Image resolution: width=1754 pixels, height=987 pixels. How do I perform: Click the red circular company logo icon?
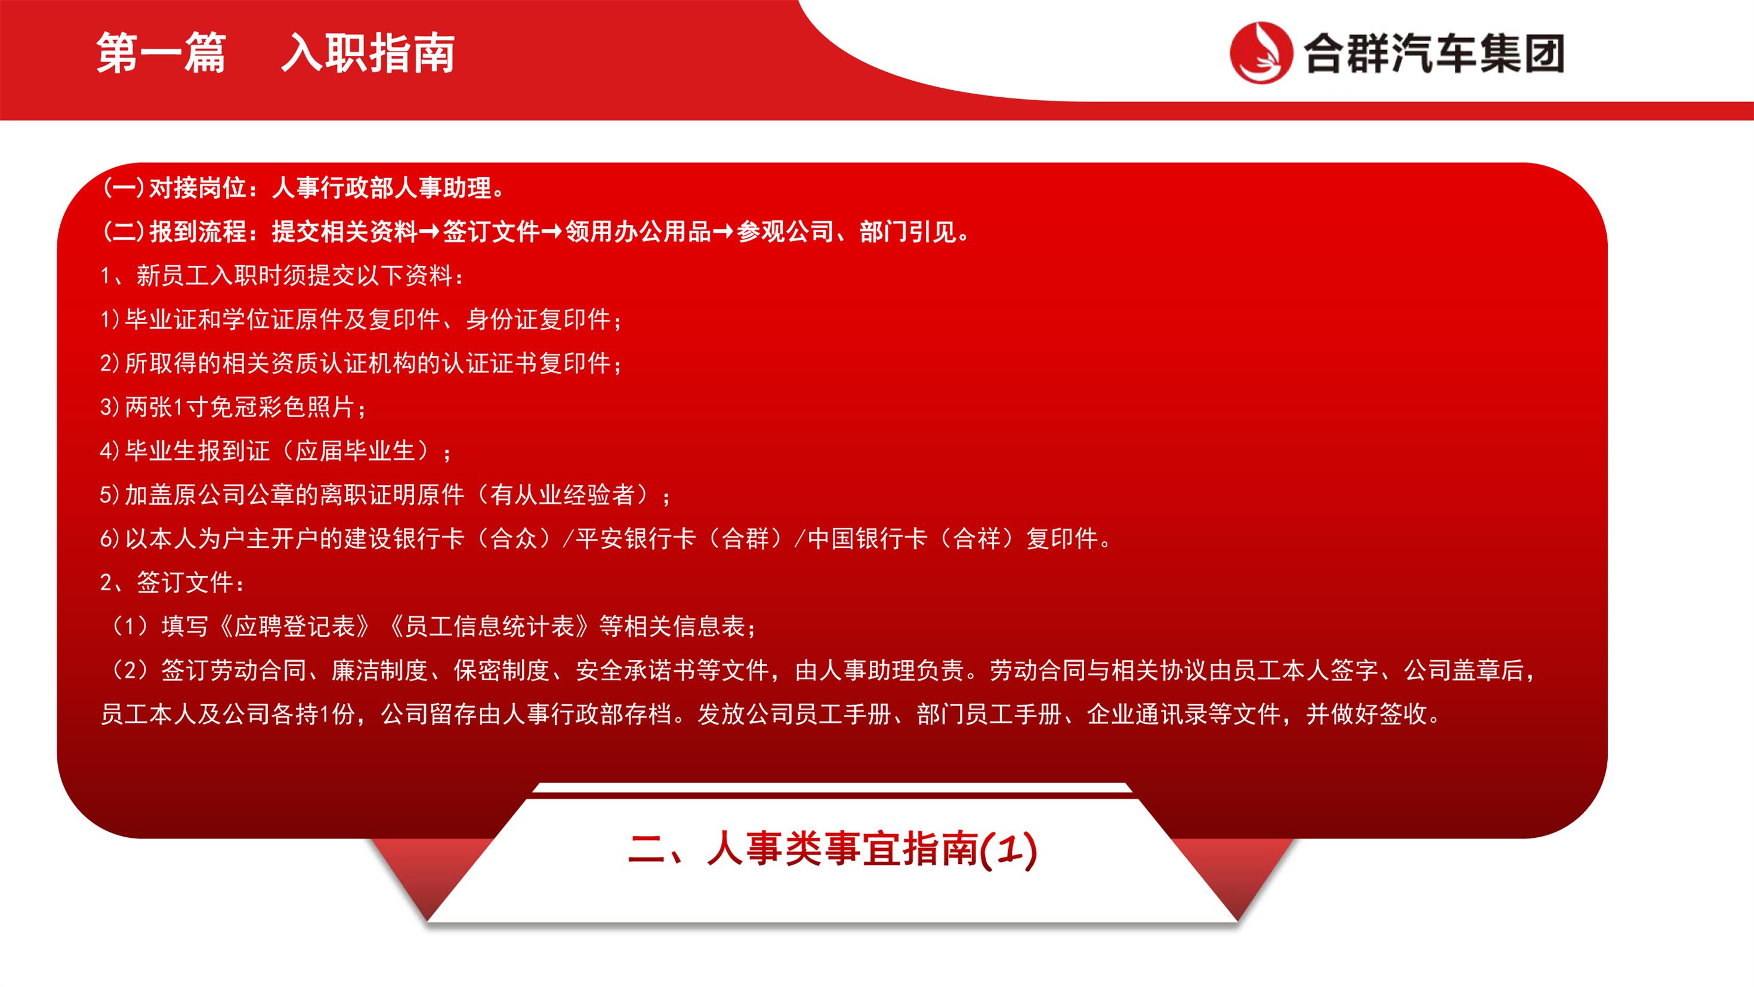click(x=1261, y=53)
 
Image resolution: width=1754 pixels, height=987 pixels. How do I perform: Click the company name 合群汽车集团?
click(x=1434, y=53)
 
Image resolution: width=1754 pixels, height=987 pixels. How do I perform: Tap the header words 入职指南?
click(x=368, y=53)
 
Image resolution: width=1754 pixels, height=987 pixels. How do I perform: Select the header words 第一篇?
click(x=160, y=53)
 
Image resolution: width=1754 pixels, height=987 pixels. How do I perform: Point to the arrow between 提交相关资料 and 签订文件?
click(x=430, y=232)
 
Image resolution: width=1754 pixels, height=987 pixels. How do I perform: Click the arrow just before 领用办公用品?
click(x=552, y=232)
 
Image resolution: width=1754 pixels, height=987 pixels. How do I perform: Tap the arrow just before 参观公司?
click(x=724, y=232)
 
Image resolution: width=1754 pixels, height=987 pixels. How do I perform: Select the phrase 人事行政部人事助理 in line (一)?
click(x=382, y=188)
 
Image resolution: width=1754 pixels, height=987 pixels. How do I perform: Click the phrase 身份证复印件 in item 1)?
click(x=538, y=319)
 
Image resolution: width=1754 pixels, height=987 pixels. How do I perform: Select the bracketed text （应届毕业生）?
click(x=355, y=451)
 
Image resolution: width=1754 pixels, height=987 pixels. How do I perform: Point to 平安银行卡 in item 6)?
click(x=636, y=539)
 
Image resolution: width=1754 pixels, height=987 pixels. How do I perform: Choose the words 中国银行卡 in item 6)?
click(x=867, y=539)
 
